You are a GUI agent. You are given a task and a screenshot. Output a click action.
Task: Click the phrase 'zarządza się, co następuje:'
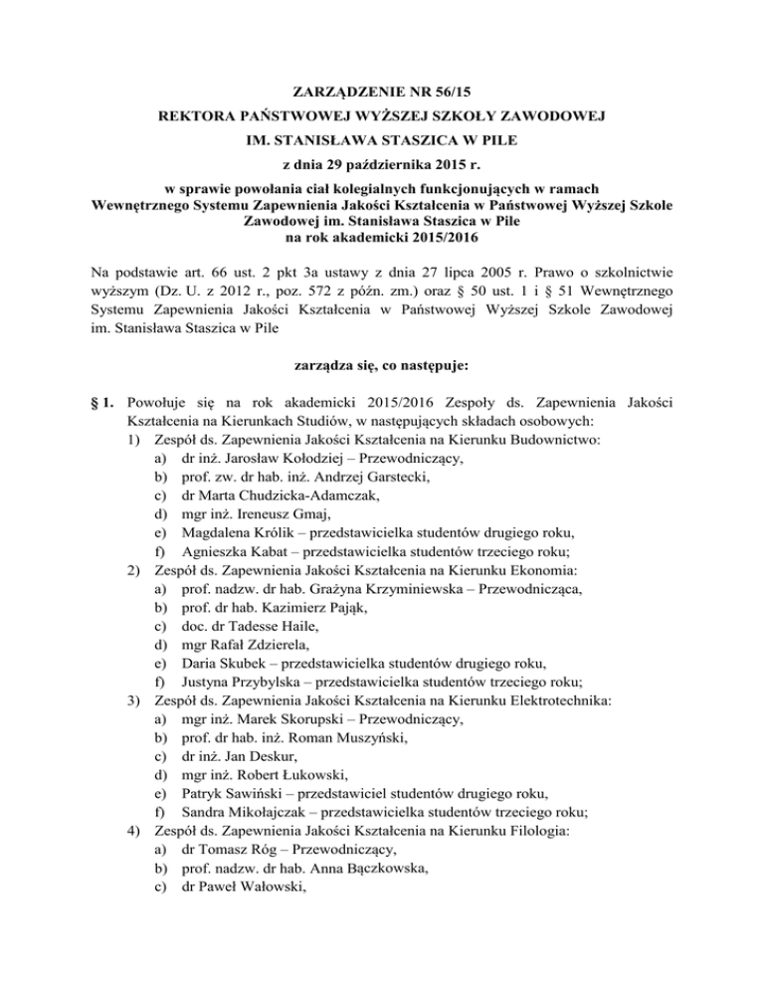[x=382, y=366]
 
